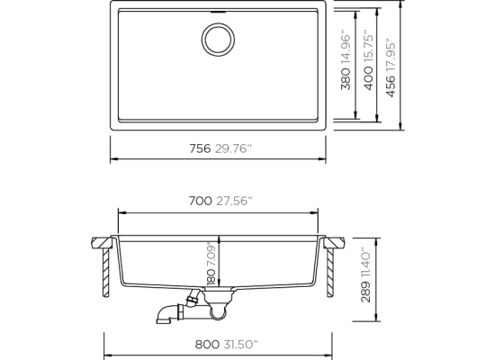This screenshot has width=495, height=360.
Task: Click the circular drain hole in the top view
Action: pos(218,39)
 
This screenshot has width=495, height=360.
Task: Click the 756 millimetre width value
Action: pos(200,148)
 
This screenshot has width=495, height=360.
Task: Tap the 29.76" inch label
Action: pos(234,148)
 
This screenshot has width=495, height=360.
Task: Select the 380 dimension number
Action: pos(346,79)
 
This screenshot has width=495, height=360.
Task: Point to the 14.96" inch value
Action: pos(346,48)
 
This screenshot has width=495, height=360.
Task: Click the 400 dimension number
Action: pos(368,78)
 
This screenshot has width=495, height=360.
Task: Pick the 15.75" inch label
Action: pos(368,47)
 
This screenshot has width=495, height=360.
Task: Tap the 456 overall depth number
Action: pos(391,86)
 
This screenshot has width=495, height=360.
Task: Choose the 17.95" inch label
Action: pos(391,55)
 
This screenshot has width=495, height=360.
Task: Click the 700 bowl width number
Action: pos(201,201)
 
